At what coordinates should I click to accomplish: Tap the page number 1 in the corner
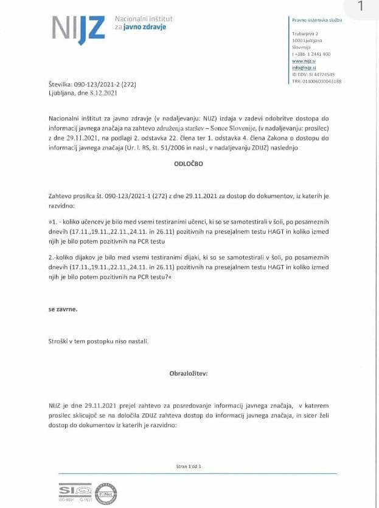[x=360, y=7]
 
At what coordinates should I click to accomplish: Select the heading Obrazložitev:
[x=189, y=373]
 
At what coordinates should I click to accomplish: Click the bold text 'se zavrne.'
[x=63, y=309]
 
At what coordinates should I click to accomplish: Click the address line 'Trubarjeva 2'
[x=306, y=34]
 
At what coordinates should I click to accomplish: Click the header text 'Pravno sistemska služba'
[x=317, y=20]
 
